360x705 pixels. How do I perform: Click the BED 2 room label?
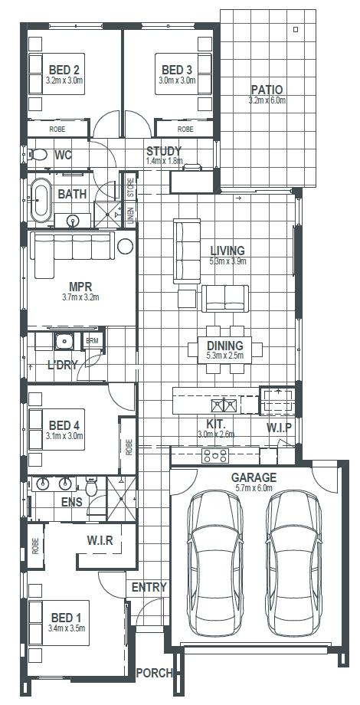64,70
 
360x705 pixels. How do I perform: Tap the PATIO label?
267,90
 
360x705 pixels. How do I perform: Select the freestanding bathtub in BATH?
41,200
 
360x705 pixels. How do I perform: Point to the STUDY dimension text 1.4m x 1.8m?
164,160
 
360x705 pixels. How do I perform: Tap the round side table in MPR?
125,246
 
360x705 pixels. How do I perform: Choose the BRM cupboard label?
92,340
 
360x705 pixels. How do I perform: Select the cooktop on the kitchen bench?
215,455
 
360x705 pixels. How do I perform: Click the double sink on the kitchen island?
224,405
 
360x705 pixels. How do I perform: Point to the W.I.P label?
279,427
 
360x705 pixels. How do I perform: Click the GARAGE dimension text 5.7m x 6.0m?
254,488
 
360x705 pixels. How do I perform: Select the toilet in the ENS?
92,486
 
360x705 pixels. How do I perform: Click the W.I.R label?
100,539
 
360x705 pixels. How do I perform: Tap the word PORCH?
154,673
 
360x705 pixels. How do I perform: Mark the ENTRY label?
149,587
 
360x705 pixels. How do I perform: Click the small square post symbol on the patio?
296,30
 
